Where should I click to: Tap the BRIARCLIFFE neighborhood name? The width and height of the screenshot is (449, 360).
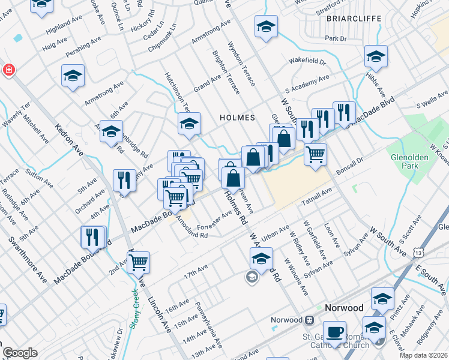[354, 19]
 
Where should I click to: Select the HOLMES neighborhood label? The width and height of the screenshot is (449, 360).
[238, 118]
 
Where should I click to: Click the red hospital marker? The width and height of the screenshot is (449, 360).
[8, 70]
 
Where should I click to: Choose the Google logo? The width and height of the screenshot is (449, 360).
[20, 353]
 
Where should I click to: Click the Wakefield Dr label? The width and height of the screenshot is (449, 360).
[306, 61]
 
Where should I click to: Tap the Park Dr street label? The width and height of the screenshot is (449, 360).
[336, 38]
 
